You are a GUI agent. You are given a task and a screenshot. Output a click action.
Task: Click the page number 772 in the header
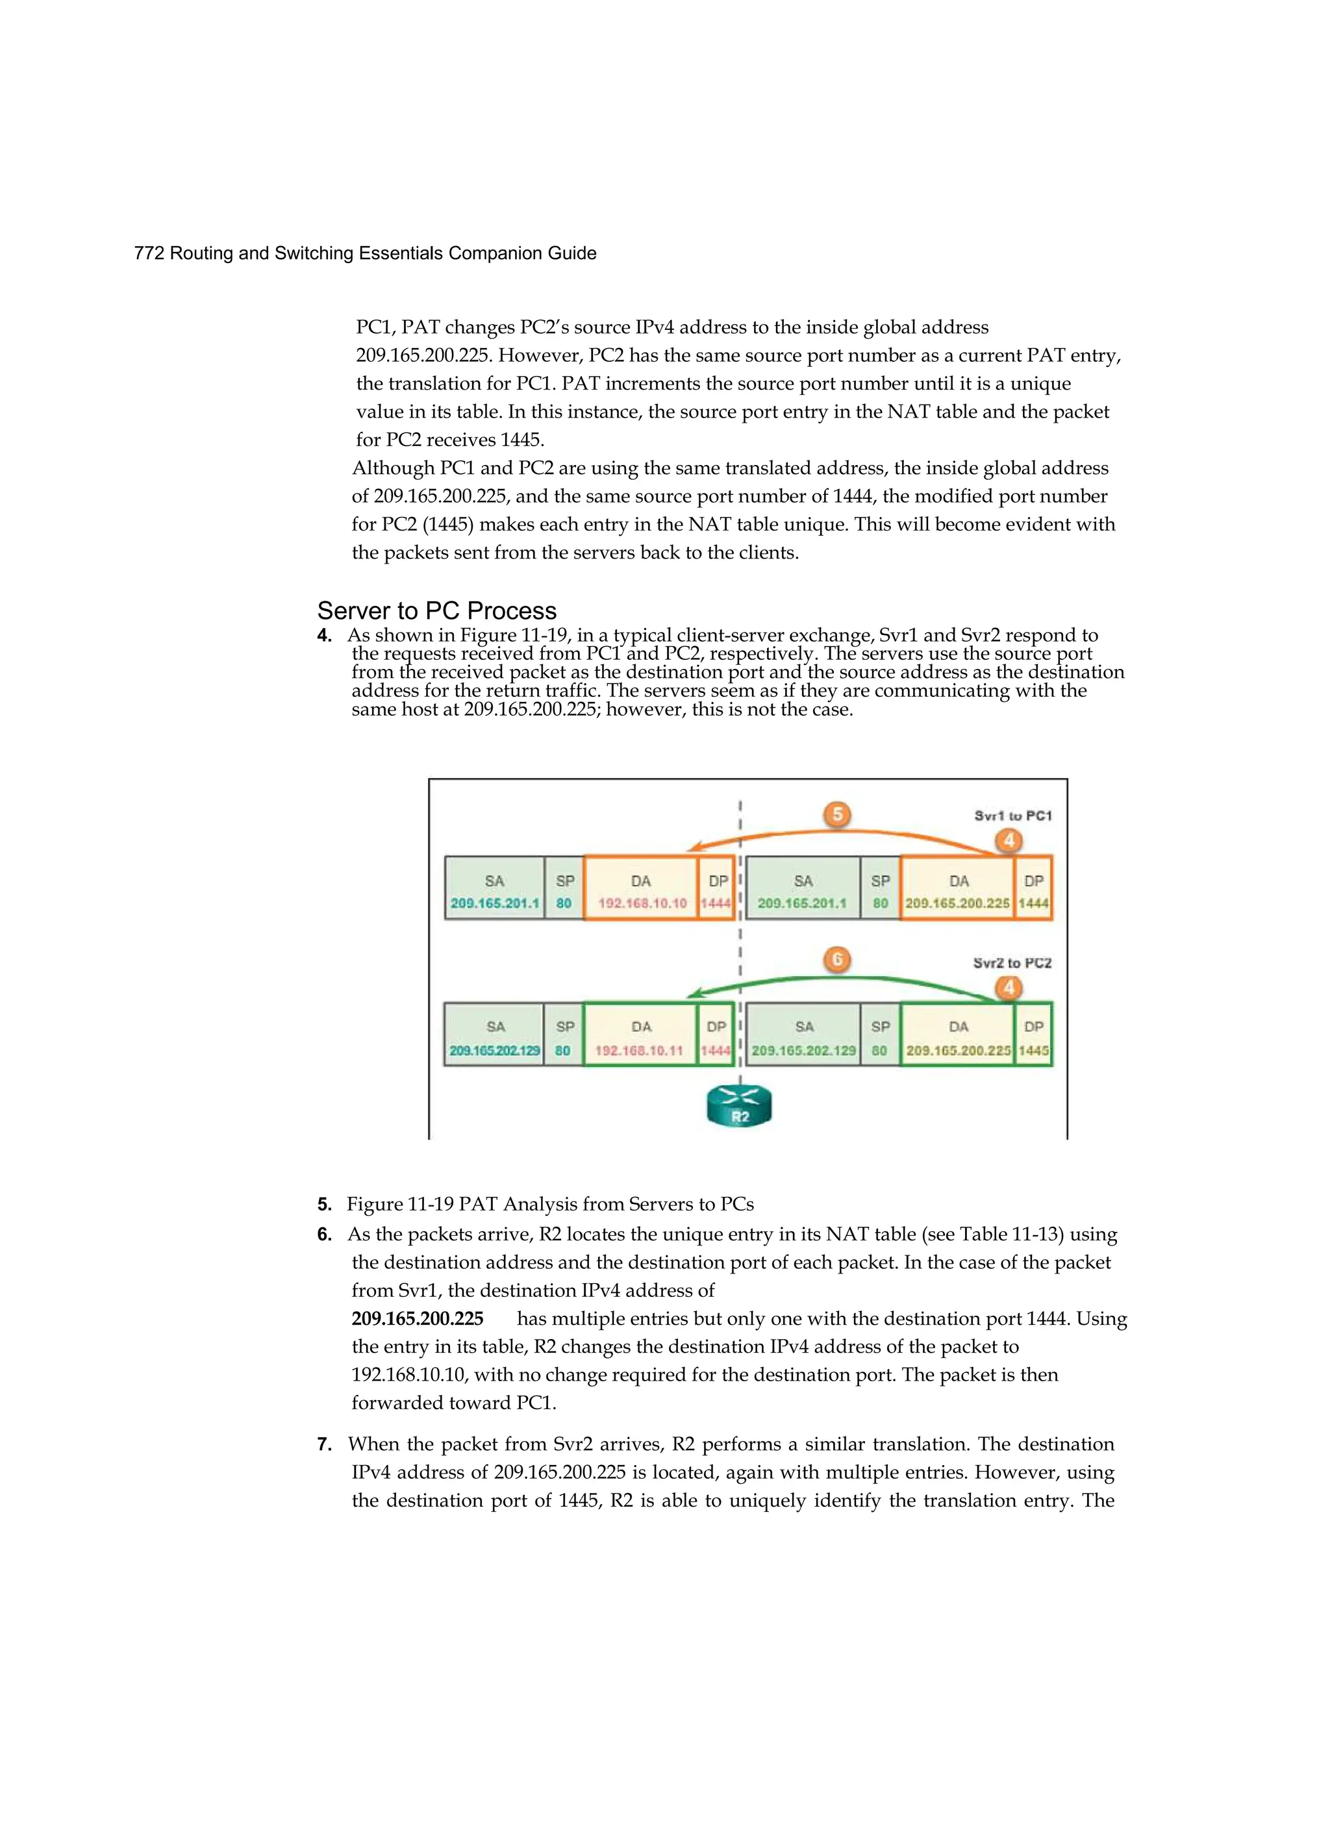point(149,253)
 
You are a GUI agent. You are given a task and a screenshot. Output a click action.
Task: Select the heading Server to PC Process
point(436,611)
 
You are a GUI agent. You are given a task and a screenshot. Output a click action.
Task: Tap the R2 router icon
point(739,1105)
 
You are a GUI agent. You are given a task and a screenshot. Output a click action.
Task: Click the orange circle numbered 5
point(838,814)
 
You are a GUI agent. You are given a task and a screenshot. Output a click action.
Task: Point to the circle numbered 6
point(838,959)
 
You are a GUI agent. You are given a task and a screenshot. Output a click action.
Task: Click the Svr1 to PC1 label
point(1013,816)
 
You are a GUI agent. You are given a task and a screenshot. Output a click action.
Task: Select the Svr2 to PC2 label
point(1012,962)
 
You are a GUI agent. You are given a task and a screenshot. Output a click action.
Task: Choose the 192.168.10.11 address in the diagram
point(639,1051)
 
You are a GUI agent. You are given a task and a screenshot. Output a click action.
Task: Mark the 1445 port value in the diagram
point(1034,1051)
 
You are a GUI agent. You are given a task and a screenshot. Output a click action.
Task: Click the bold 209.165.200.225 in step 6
point(417,1318)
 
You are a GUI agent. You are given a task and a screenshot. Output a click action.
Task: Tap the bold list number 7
point(325,1444)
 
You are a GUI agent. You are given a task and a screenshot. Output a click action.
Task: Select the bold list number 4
point(325,636)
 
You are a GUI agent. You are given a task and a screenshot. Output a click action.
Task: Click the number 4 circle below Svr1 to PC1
point(1009,841)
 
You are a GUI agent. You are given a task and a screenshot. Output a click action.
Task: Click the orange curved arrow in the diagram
point(839,833)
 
